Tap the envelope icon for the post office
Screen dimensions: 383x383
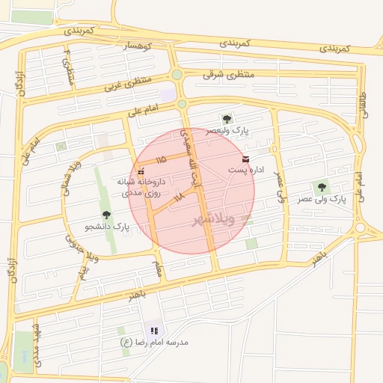pyautogui.click(x=246, y=159)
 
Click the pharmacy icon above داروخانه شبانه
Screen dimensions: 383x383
pyautogui.click(x=141, y=171)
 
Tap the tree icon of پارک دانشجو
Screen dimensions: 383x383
pyautogui.click(x=105, y=215)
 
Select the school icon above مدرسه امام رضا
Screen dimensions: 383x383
pyautogui.click(x=155, y=330)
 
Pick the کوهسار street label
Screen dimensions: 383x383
pyautogui.click(x=137, y=46)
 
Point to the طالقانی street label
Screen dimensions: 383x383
pyautogui.click(x=364, y=104)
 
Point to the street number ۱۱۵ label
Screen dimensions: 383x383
pyautogui.click(x=161, y=160)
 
